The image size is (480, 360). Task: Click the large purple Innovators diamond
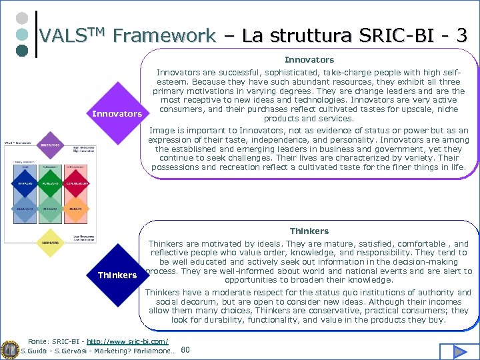[x=117, y=113]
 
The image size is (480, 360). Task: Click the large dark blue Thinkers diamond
[x=117, y=275]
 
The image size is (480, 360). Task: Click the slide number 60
[x=185, y=350]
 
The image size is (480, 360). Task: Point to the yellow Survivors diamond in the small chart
[x=49, y=243]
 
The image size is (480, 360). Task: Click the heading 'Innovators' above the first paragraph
[x=309, y=60]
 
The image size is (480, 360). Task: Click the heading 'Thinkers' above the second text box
[x=309, y=231]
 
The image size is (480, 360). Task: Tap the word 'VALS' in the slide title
[x=63, y=35]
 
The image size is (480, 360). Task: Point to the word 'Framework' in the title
[x=164, y=35]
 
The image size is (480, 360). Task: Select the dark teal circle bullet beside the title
[x=21, y=49]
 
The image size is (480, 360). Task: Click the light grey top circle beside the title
[x=21, y=18]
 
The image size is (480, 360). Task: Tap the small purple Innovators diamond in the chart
[x=49, y=145]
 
